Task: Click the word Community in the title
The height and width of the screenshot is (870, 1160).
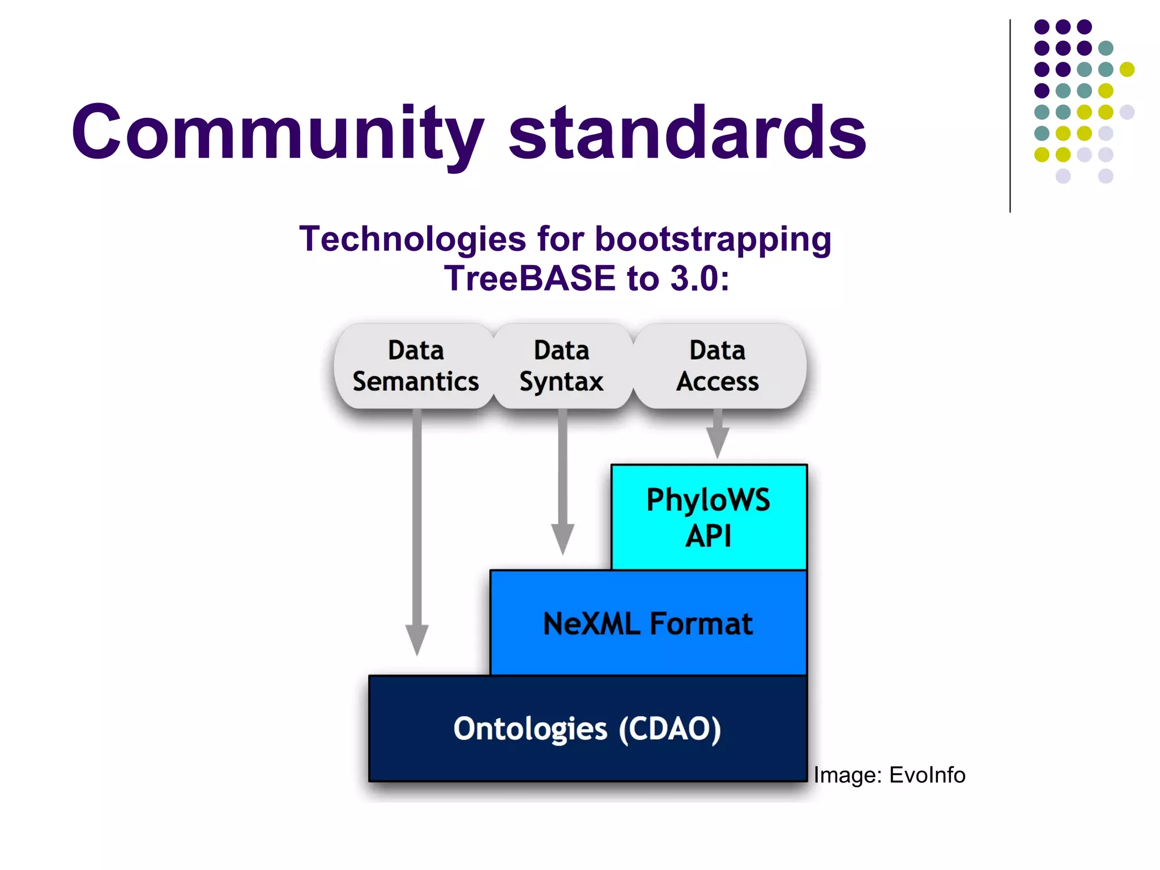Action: pyautogui.click(x=278, y=133)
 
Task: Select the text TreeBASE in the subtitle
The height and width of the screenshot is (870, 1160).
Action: pyautogui.click(x=529, y=279)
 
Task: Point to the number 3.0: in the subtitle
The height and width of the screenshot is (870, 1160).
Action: pyautogui.click(x=700, y=279)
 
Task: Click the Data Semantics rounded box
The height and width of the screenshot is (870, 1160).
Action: pyautogui.click(x=415, y=366)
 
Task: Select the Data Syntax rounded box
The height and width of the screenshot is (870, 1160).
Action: pyautogui.click(x=561, y=366)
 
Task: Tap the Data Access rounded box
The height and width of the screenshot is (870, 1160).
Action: pyautogui.click(x=717, y=366)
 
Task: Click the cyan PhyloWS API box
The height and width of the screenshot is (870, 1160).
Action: pyautogui.click(x=709, y=517)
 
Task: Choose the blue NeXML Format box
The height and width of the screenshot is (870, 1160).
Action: pyautogui.click(x=647, y=623)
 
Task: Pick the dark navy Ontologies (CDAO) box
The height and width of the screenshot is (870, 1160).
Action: pyautogui.click(x=587, y=729)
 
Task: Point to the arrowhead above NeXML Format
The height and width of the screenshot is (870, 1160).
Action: pyautogui.click(x=562, y=538)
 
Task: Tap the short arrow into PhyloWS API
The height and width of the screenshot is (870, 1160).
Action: pyautogui.click(x=718, y=439)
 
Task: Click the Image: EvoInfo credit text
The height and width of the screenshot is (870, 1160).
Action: pyautogui.click(x=889, y=775)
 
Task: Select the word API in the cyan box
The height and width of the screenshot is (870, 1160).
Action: pyautogui.click(x=708, y=536)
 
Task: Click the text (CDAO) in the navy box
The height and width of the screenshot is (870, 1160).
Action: pyautogui.click(x=669, y=729)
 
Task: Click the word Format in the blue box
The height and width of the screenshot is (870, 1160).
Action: pyautogui.click(x=701, y=624)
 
